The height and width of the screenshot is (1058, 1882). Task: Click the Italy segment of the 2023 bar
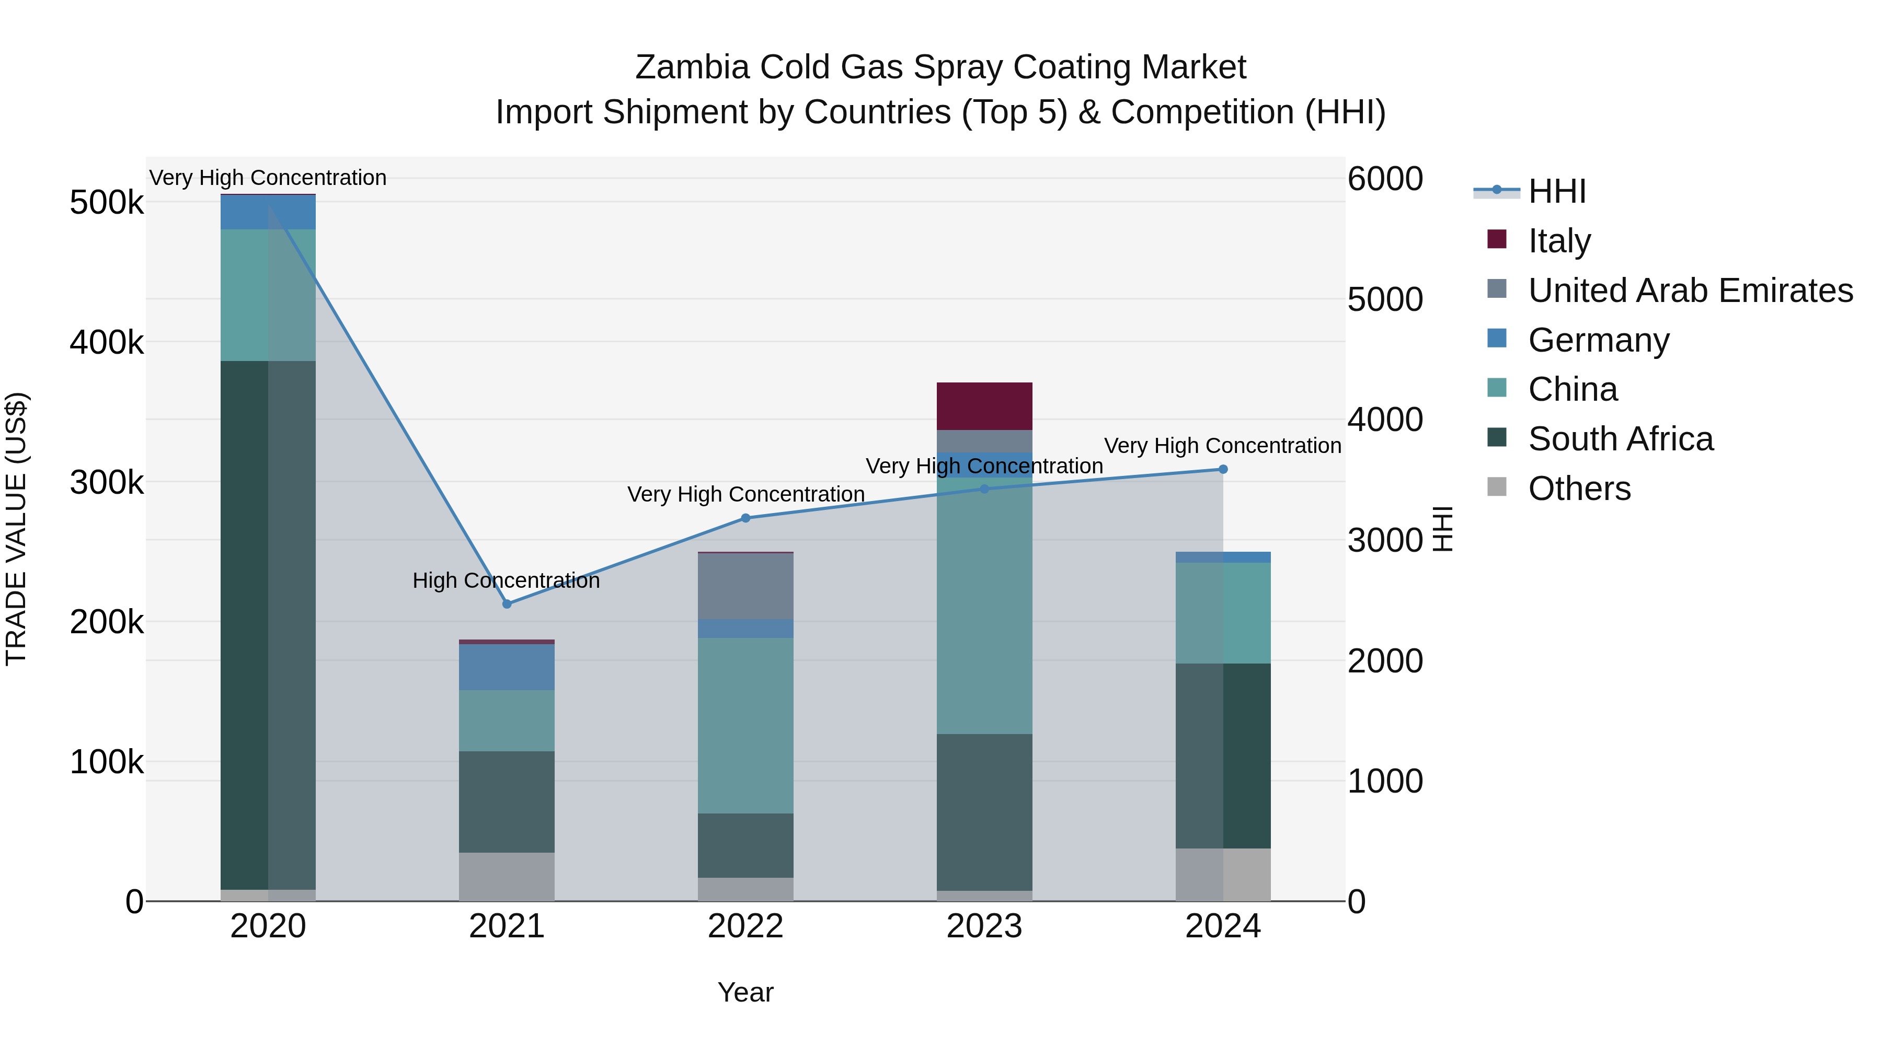pos(984,406)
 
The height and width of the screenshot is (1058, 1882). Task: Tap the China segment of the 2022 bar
pos(745,725)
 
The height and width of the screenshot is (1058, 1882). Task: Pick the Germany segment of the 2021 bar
pos(506,667)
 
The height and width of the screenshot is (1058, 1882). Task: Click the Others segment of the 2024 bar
pos(1222,874)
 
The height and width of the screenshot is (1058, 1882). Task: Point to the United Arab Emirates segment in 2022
pos(745,586)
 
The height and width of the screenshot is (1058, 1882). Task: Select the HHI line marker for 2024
pos(1223,470)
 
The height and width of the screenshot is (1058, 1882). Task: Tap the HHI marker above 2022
pos(745,518)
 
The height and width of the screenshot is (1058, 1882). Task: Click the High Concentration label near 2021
pos(506,580)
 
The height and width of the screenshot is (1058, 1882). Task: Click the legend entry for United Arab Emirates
pos(1690,290)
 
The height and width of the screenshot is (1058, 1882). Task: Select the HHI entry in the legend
pos(1556,191)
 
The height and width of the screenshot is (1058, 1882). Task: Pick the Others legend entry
pos(1578,489)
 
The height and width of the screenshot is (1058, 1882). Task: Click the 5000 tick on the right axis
pos(1384,299)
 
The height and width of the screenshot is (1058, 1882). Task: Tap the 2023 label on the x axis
pos(984,926)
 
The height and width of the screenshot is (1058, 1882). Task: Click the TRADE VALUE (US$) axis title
pos(16,529)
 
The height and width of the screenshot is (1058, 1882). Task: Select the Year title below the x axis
pos(745,992)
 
